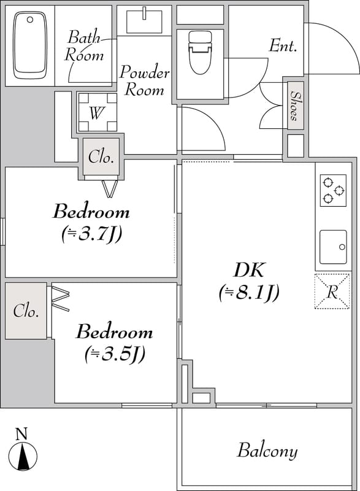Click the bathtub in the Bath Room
tap(30, 45)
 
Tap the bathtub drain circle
tap(30, 20)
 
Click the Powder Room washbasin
tap(145, 21)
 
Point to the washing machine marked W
tap(98, 112)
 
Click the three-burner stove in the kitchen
tap(333, 190)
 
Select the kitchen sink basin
tap(333, 247)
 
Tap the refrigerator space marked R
tap(332, 291)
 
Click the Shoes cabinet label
tap(294, 106)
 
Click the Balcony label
tap(267, 451)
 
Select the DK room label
tap(249, 270)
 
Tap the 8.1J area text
tap(249, 293)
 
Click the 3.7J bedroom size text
tap(91, 234)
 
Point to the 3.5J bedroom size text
tap(115, 354)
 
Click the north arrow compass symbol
tap(23, 456)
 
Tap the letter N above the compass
tap(21, 434)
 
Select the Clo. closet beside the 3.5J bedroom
tap(26, 311)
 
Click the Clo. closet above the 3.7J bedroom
tap(101, 157)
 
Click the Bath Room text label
tap(84, 45)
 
